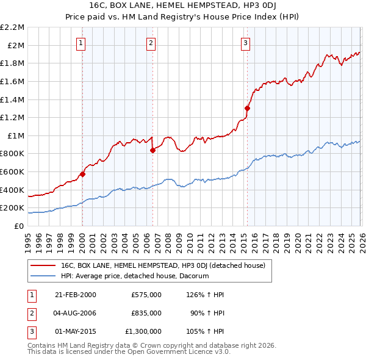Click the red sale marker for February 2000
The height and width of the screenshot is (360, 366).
click(x=82, y=174)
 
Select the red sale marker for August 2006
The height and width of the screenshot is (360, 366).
click(x=152, y=151)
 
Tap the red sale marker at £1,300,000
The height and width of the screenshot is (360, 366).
click(x=247, y=108)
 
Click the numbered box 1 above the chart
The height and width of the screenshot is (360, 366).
click(x=81, y=43)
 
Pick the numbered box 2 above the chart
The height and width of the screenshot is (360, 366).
click(x=151, y=43)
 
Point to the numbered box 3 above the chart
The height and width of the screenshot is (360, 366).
click(x=245, y=43)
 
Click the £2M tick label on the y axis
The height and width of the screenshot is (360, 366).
click(x=16, y=45)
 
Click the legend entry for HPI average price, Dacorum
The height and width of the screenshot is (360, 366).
click(x=134, y=276)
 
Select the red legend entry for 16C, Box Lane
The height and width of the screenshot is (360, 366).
click(x=162, y=266)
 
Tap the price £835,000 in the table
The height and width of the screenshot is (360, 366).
click(x=146, y=313)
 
